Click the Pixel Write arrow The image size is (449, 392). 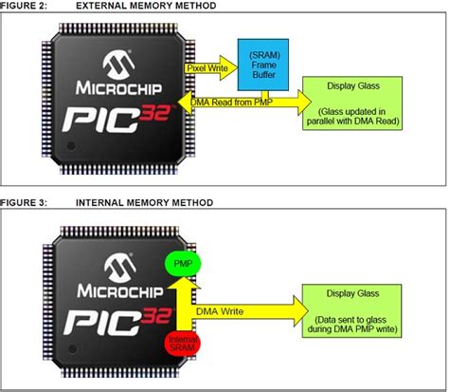(210, 69)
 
